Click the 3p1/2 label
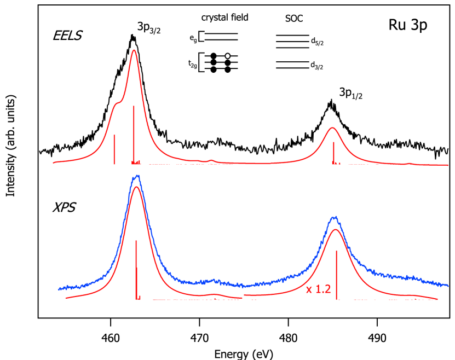(351, 93)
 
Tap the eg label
(193, 38)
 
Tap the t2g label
(192, 64)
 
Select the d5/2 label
(317, 40)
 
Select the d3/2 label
(317, 66)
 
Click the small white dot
(228, 56)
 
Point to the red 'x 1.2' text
(318, 289)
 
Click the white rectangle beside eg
(202, 37)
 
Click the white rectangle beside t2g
(202, 62)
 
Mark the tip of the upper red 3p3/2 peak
(134, 50)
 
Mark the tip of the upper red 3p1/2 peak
(332, 127)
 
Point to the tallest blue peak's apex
(137, 176)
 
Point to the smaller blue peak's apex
(335, 217)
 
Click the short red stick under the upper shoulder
(114, 149)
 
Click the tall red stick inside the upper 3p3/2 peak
(134, 134)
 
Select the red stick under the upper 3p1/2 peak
(333, 152)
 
